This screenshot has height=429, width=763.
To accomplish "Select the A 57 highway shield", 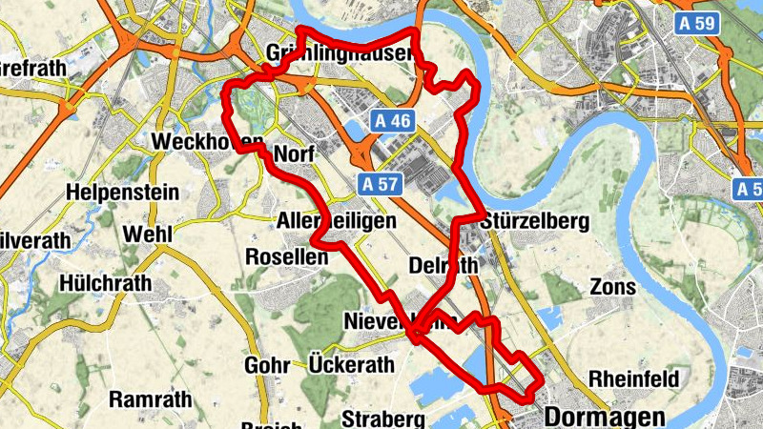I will click(381, 180).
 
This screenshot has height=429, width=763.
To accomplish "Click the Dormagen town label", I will click(605, 417).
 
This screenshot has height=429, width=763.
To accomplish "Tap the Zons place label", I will click(607, 286).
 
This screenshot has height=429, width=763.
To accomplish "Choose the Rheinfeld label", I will click(634, 378).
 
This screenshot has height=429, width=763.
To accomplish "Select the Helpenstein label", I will click(122, 193).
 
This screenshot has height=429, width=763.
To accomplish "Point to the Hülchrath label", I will click(105, 283).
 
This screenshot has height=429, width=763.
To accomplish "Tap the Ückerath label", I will click(351, 364).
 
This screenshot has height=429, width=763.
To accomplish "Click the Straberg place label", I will click(382, 419).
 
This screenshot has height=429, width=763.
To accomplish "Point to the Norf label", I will click(295, 154).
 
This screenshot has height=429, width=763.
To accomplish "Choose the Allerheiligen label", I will click(336, 221).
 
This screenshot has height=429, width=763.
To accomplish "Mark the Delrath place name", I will click(443, 264).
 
